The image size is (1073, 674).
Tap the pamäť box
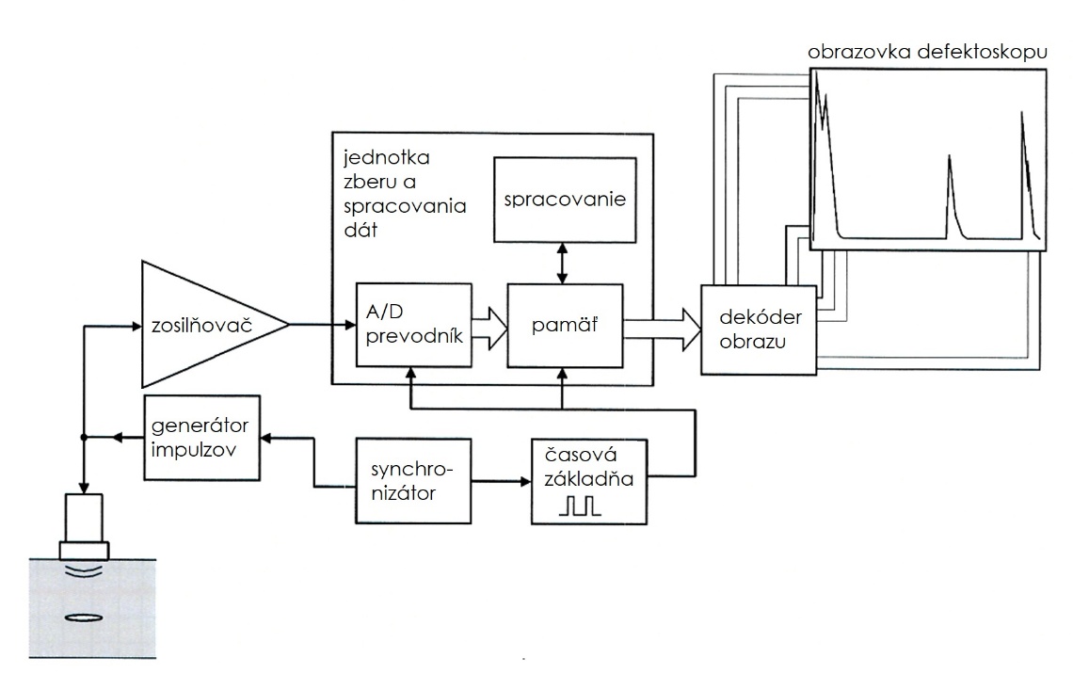565,326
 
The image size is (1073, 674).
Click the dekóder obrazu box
759,331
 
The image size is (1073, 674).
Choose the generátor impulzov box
202,438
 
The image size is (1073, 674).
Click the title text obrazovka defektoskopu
927,53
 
